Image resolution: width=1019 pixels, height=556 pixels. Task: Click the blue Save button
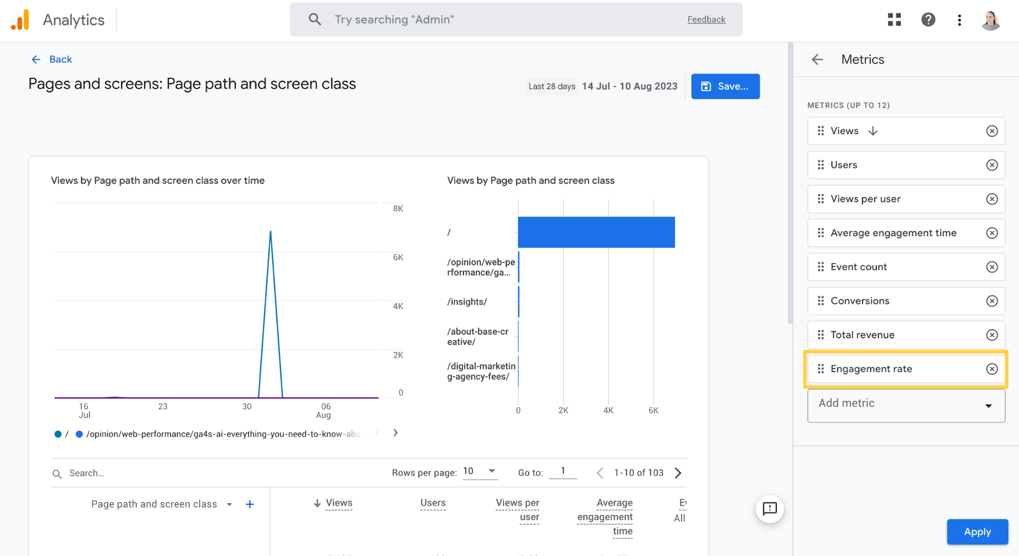pos(725,86)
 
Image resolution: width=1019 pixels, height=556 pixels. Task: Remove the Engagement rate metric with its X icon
pos(991,369)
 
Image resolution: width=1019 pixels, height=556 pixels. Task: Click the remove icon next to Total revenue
pos(991,335)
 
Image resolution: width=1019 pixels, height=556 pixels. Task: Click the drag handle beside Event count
pos(821,267)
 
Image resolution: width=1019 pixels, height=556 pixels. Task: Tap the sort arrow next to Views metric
pos(873,131)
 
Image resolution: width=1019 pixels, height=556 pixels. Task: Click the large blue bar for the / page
pos(596,232)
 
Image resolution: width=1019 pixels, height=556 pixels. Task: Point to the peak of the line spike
pos(270,232)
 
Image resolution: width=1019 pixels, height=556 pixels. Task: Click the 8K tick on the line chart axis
pos(398,208)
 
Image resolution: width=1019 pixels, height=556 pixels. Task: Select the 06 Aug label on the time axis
pos(324,410)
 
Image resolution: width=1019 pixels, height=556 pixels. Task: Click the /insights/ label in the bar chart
pos(467,302)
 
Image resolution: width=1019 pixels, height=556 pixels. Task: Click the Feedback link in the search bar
pos(706,19)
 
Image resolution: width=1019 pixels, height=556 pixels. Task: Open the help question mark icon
pos(928,20)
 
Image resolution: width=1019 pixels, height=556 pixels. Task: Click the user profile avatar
pos(990,20)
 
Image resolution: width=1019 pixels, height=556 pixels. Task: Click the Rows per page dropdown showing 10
pos(479,471)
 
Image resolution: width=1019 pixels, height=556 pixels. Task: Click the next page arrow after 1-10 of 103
pos(678,473)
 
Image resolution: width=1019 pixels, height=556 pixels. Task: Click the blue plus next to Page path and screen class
pos(250,504)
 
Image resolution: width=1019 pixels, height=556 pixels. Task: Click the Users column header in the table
pos(433,503)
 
